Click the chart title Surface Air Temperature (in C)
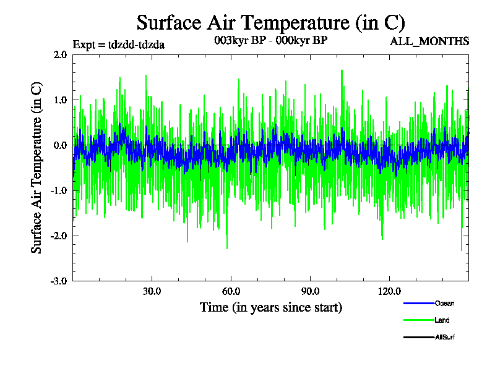click(x=270, y=23)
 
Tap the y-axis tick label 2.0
click(x=60, y=54)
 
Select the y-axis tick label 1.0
click(x=60, y=100)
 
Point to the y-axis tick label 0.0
click(x=60, y=145)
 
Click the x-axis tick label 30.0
click(x=152, y=291)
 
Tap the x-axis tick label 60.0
click(x=231, y=291)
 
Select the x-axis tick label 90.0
click(x=310, y=291)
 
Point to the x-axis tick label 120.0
click(x=389, y=291)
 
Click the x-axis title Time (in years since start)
click(x=270, y=307)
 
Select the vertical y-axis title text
click(x=37, y=167)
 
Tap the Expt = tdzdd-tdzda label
click(x=118, y=44)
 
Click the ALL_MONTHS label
click(x=429, y=41)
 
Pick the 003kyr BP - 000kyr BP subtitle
click(x=270, y=40)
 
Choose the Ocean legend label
click(x=444, y=303)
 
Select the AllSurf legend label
click(x=445, y=337)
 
